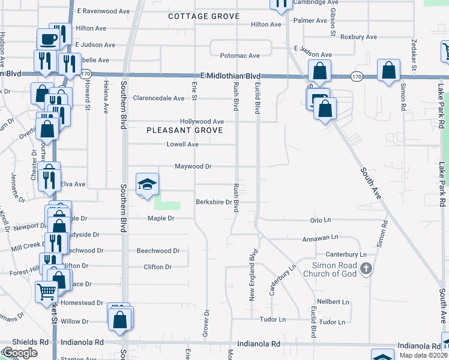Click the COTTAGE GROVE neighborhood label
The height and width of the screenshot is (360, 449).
tap(203, 16)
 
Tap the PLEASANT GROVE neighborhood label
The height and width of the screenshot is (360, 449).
tap(185, 130)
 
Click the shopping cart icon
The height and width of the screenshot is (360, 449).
tap(46, 292)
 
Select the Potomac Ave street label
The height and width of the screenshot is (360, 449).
tap(240, 56)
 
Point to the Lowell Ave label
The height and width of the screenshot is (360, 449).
tap(182, 145)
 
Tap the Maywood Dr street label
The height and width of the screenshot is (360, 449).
tap(193, 166)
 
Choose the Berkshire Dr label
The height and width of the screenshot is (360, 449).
tap(214, 202)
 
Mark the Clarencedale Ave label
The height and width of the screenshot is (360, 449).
tap(158, 98)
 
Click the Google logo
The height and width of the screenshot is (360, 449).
tap(20, 353)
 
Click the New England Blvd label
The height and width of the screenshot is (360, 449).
tap(253, 275)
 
